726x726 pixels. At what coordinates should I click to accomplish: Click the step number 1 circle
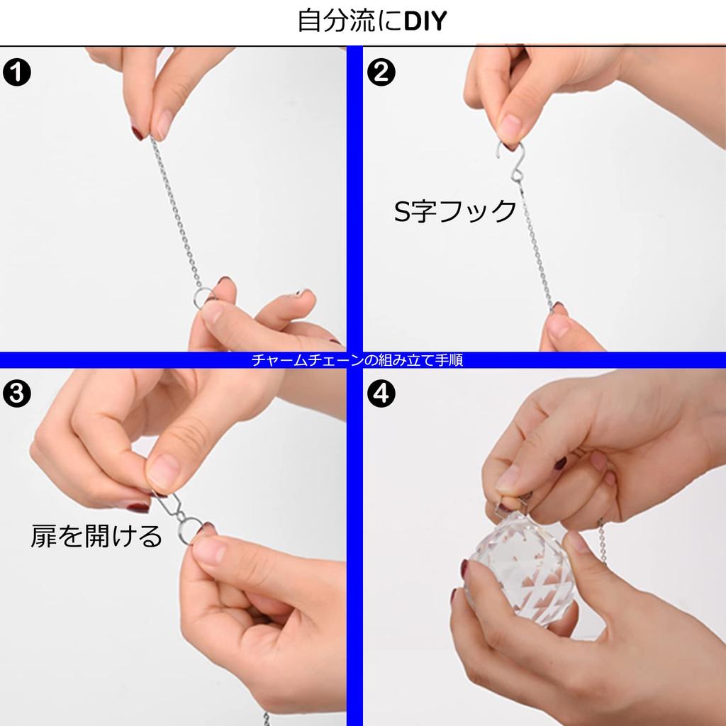point(17,72)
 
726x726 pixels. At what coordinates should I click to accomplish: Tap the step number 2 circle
point(381,72)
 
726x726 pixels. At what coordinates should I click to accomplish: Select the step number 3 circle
point(17,394)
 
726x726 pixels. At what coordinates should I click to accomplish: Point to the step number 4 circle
point(381,394)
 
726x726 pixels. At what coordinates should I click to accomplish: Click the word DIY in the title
point(425,21)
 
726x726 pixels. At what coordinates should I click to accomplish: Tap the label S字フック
point(454,211)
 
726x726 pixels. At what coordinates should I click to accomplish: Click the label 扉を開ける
point(96,536)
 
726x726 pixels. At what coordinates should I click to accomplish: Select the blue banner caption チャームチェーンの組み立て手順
point(357,359)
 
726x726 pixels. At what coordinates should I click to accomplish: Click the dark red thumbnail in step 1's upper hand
point(138,133)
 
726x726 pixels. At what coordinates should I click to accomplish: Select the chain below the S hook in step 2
point(536,245)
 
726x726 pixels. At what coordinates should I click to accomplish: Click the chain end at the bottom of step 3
point(267,719)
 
